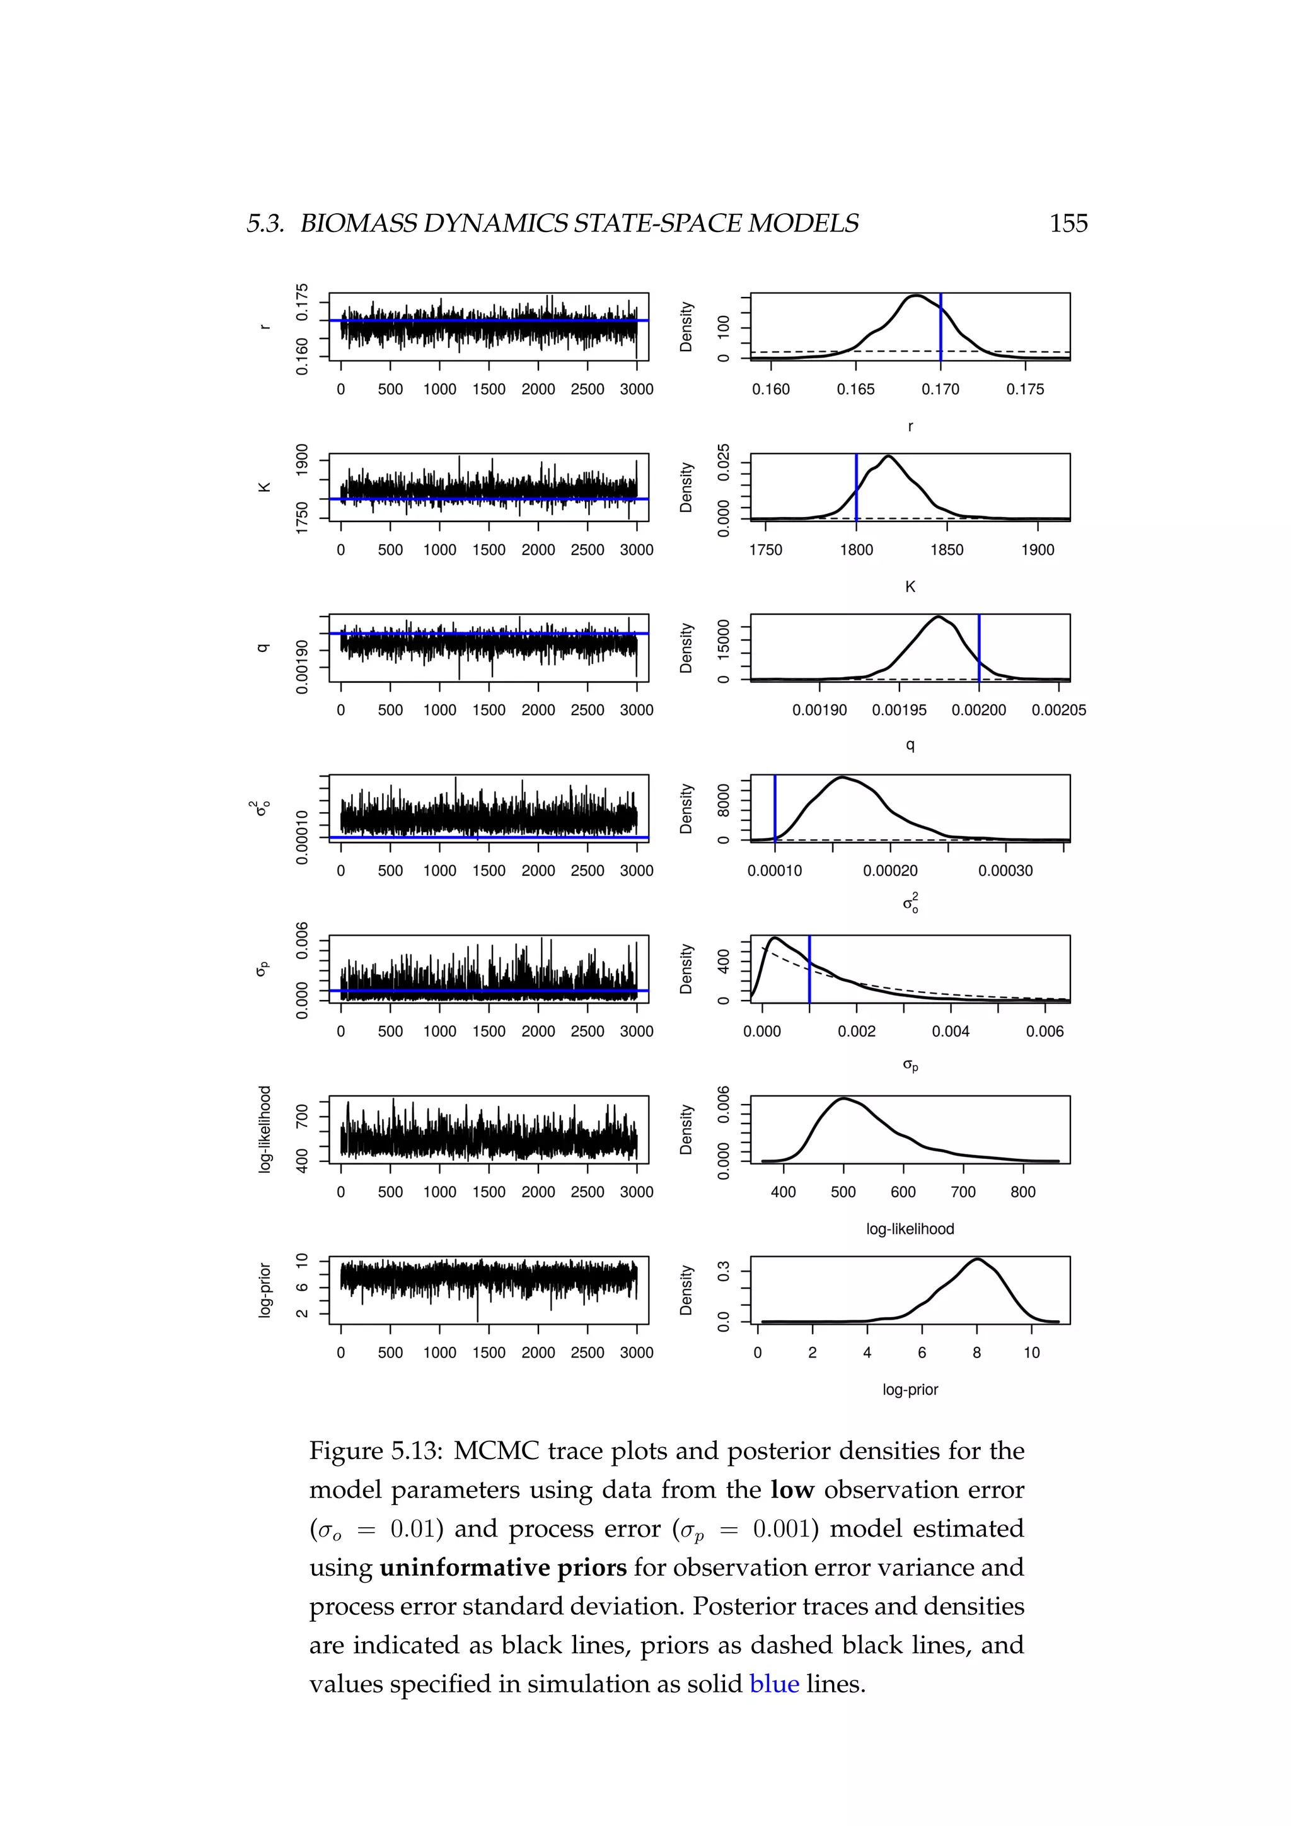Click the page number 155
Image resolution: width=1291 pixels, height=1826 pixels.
(x=1068, y=223)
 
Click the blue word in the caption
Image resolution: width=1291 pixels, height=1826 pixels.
(x=773, y=1684)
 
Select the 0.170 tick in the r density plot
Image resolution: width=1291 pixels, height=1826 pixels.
(x=941, y=390)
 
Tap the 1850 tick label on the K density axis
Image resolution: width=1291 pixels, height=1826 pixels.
(x=947, y=550)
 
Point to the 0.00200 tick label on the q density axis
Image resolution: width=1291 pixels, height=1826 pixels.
(x=978, y=710)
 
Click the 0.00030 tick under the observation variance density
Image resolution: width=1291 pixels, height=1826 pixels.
(x=1005, y=871)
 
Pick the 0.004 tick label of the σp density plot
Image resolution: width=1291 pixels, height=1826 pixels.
(x=951, y=1032)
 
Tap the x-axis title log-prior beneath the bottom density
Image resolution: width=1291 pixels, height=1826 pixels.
(x=910, y=1390)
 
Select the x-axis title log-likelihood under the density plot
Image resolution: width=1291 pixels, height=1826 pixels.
(x=910, y=1229)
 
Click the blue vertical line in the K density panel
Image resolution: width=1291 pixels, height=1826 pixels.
(x=856, y=487)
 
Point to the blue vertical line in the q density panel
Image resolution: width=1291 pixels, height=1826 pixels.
(x=978, y=648)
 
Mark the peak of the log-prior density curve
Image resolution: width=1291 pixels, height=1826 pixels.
(x=977, y=1259)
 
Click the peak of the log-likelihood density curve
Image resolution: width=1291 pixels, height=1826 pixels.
(x=843, y=1098)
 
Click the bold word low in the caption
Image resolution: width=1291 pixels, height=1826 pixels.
(x=792, y=1489)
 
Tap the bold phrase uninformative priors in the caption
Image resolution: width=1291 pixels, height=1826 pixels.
(x=503, y=1567)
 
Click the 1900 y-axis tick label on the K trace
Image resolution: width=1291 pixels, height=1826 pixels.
(x=302, y=460)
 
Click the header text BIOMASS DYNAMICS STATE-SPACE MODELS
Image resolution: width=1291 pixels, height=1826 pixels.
(x=579, y=223)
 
